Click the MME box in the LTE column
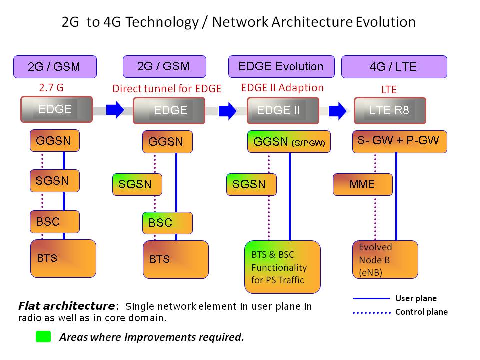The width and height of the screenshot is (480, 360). pyautogui.click(x=362, y=184)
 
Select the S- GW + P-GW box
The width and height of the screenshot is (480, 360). pyautogui.click(x=399, y=141)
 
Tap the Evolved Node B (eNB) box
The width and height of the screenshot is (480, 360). pyautogui.click(x=385, y=259)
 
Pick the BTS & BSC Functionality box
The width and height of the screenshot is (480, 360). pyautogui.click(x=282, y=267)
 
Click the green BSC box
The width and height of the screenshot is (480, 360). pyautogui.click(x=167, y=223)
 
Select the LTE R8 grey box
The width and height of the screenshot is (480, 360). pyautogui.click(x=390, y=110)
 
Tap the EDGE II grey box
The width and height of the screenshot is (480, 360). pyautogui.click(x=283, y=110)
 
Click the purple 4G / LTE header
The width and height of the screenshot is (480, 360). pyautogui.click(x=394, y=67)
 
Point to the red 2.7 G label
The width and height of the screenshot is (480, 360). pyautogui.click(x=51, y=88)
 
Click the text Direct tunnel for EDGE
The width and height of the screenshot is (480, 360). pyautogui.click(x=167, y=89)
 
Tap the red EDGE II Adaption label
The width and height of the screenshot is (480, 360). pyautogui.click(x=282, y=88)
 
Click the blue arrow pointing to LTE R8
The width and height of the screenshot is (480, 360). pyautogui.click(x=338, y=109)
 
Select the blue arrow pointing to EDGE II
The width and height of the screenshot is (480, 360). pyautogui.click(x=228, y=109)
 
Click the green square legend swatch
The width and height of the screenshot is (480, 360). pyautogui.click(x=43, y=337)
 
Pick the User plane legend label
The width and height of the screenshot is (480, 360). pyautogui.click(x=416, y=298)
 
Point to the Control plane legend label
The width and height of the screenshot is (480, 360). pyautogui.click(x=421, y=312)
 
